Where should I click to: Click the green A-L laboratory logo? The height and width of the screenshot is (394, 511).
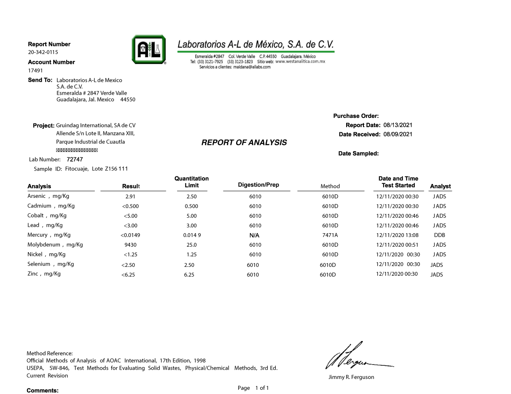tap(148, 49)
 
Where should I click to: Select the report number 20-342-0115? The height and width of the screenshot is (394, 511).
tap(43, 52)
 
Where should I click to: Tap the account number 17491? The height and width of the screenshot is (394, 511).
tap(35, 71)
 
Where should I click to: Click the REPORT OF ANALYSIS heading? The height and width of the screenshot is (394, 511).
tap(244, 143)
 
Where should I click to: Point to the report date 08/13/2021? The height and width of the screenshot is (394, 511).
tap(398, 125)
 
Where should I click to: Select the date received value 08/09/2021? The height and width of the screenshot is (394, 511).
tap(398, 134)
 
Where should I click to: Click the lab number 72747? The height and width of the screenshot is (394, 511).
tap(75, 160)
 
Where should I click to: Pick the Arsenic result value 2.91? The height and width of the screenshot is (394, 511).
tap(130, 197)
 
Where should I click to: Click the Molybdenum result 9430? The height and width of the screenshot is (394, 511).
tap(130, 245)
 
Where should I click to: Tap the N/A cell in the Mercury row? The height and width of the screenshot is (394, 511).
tap(254, 236)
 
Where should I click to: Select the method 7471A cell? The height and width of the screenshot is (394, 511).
tap(330, 235)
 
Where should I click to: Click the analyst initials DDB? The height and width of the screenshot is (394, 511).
tap(439, 235)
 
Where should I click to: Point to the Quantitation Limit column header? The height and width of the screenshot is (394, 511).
tap(191, 182)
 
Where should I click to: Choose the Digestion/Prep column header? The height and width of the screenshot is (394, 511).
tap(258, 185)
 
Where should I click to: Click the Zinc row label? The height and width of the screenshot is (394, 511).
tap(44, 274)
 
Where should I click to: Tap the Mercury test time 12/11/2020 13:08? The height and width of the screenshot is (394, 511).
tap(397, 235)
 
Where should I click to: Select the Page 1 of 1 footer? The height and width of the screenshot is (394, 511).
tap(253, 388)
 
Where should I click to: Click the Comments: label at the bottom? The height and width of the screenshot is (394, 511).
tap(43, 391)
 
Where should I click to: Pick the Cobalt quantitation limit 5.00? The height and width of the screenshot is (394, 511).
tap(191, 216)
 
